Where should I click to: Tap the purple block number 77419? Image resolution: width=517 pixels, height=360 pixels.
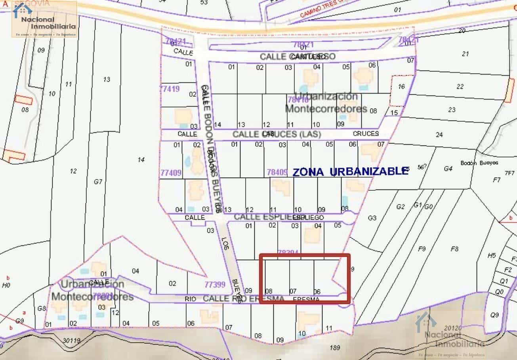click(170, 89)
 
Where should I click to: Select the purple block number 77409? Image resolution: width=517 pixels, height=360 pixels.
click(171, 173)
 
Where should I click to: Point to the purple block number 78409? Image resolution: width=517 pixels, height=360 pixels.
click(277, 172)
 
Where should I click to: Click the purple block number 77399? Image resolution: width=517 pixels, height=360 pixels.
click(215, 284)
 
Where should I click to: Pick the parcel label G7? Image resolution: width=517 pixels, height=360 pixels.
click(98, 182)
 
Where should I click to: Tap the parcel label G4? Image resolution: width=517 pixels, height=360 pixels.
click(448, 169)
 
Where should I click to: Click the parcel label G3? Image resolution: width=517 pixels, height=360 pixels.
click(372, 218)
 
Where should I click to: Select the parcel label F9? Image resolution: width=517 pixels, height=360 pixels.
click(422, 249)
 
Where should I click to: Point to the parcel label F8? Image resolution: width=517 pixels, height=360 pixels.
click(454, 249)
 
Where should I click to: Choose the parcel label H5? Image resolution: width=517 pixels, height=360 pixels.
click(491, 256)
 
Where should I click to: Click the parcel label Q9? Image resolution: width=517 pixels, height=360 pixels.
click(494, 315)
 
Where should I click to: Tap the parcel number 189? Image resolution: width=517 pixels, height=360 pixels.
click(335, 348)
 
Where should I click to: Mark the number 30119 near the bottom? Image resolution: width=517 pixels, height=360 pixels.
click(71, 340)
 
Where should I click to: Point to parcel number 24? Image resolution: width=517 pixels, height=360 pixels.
click(439, 135)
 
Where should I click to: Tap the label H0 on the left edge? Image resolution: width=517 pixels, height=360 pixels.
click(6, 285)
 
